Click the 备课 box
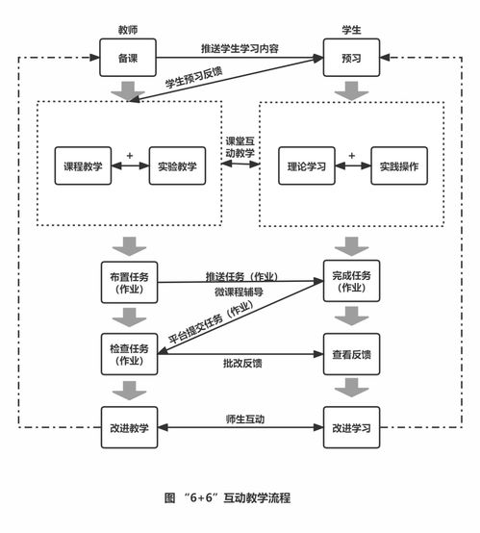coord(128,58)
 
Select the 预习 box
coord(350,58)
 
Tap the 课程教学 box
coord(83,166)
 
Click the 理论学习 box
coord(305,166)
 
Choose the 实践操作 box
coord(398,166)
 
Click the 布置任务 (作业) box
coord(128,281)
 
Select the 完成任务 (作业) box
coord(350,281)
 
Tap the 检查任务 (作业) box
coord(128,354)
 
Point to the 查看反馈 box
coord(350,354)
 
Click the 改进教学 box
coord(128,426)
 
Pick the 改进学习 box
coord(350,426)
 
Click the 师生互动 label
coord(240,419)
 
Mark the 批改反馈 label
coord(240,363)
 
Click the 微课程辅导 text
coord(240,291)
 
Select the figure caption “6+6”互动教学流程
coord(227,497)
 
